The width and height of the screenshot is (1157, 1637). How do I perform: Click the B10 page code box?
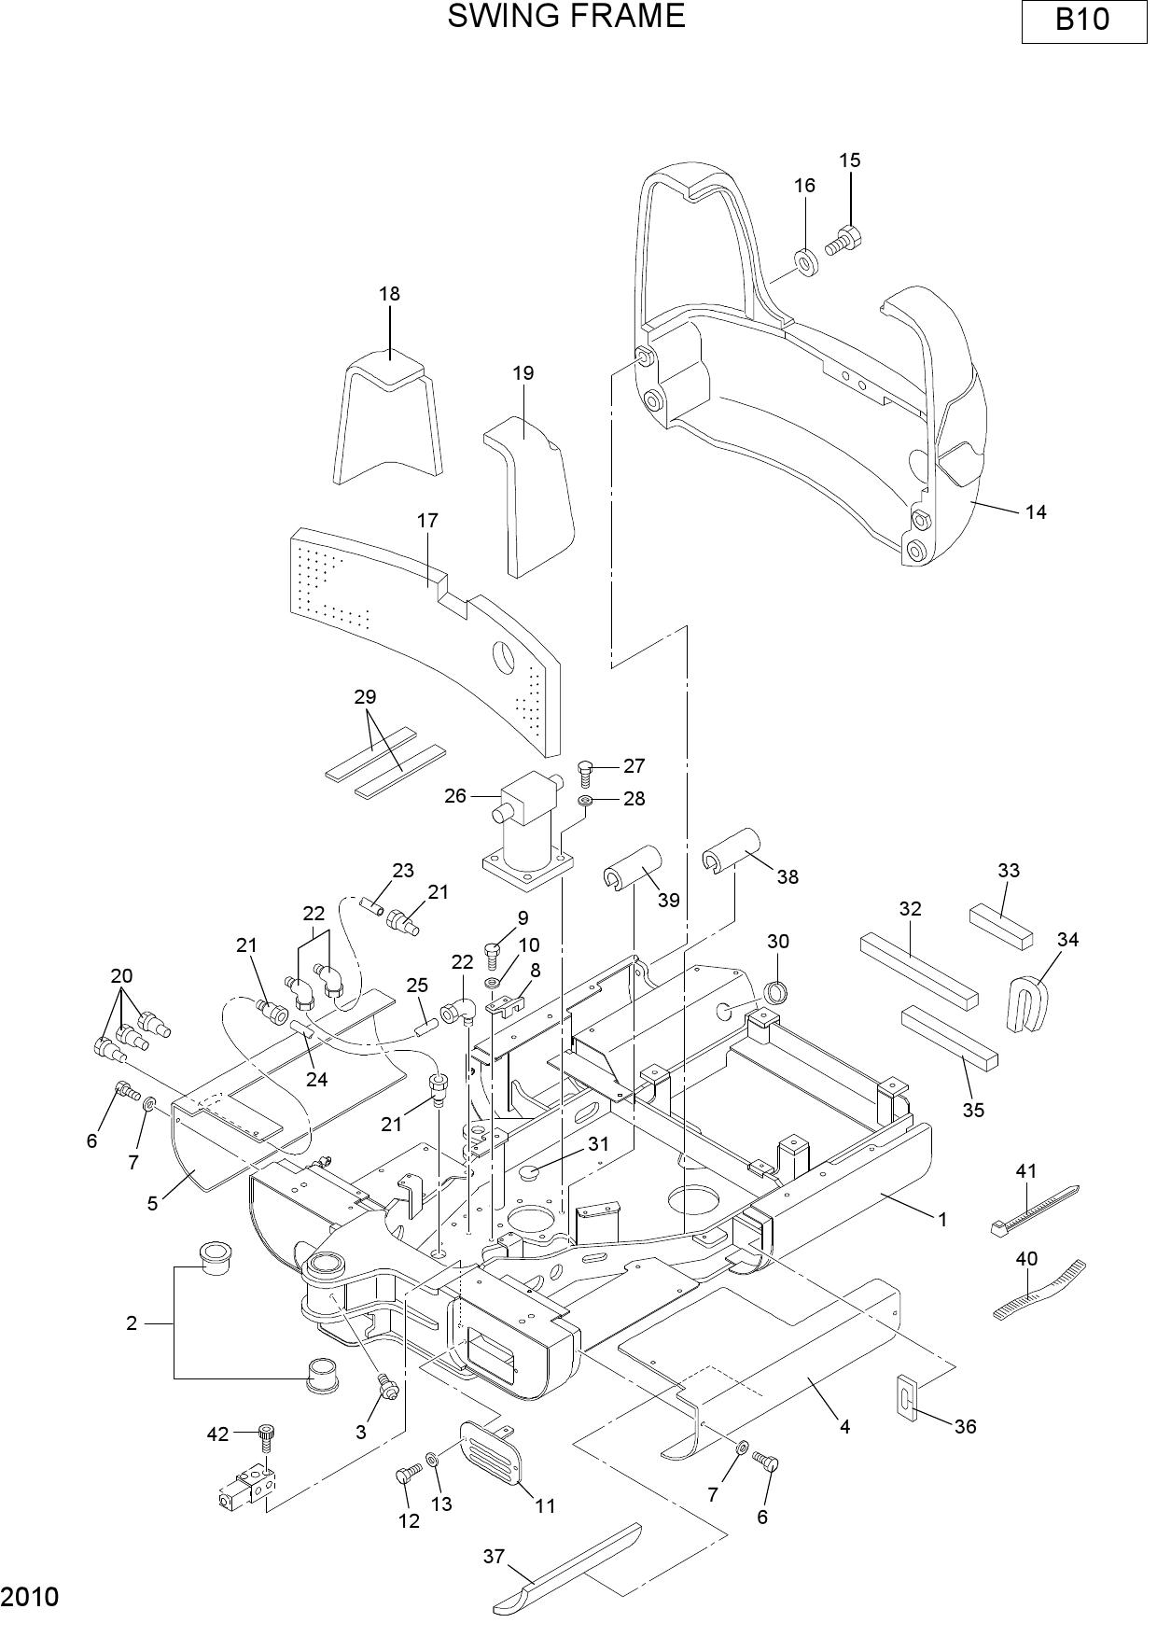(x=1083, y=21)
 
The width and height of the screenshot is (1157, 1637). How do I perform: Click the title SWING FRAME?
(x=566, y=16)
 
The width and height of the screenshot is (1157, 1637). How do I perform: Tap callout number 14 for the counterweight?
(x=1036, y=511)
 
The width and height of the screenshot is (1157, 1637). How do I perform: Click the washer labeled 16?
(x=806, y=263)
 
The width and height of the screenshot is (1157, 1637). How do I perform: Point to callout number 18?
(x=389, y=293)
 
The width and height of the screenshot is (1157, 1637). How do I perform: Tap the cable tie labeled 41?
(x=1034, y=1210)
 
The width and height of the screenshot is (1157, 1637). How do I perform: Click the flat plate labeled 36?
(x=909, y=1397)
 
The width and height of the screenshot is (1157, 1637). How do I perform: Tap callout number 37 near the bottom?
(x=494, y=1556)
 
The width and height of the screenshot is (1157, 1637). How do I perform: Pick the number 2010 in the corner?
(x=30, y=1597)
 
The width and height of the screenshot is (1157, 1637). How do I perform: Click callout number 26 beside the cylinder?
(x=455, y=796)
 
